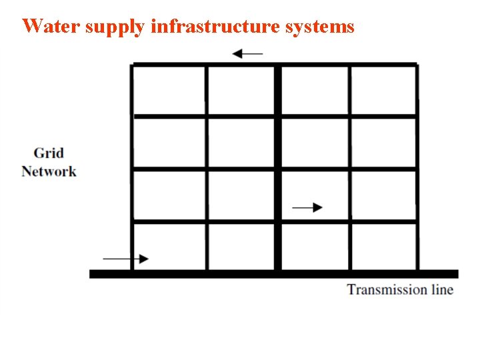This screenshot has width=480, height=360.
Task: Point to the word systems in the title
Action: (x=319, y=27)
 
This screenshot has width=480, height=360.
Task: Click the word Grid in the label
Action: (x=49, y=153)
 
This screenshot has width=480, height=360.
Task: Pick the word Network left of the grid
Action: (x=49, y=171)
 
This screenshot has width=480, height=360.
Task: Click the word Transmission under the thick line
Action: (x=387, y=289)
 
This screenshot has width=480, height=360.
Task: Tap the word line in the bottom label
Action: (x=441, y=289)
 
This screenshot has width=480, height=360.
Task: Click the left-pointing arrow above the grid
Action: (x=247, y=53)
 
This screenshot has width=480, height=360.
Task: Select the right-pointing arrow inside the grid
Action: (x=307, y=207)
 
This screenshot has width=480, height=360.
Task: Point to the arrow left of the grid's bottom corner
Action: (x=126, y=258)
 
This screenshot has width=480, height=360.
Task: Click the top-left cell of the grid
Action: (x=169, y=90)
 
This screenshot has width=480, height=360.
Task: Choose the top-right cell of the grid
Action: (x=383, y=90)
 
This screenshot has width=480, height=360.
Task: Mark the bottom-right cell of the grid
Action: (x=383, y=247)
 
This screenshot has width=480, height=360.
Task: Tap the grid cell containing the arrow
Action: (x=313, y=195)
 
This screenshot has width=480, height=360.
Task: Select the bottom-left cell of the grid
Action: (x=169, y=247)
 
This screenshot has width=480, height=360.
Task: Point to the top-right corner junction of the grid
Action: (x=417, y=65)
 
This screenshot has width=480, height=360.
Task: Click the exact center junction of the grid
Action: (x=277, y=169)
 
